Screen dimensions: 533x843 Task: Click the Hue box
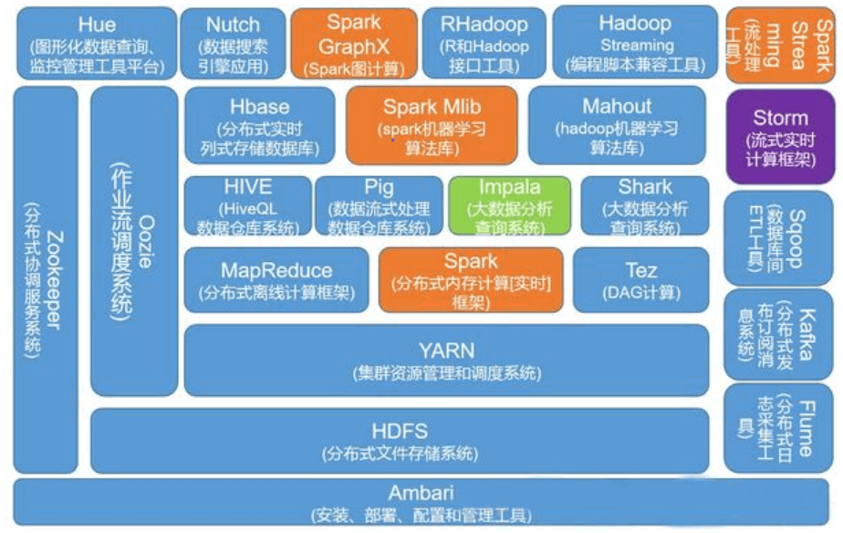point(97,43)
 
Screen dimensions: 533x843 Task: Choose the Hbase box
point(260,125)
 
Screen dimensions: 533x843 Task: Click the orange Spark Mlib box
point(432,125)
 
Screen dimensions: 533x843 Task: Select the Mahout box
point(617,125)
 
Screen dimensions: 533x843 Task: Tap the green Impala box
point(509,206)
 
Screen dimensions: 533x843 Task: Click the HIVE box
point(247,206)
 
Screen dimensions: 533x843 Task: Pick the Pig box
point(379,206)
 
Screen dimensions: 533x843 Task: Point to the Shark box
point(644,206)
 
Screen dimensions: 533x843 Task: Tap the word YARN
point(446,350)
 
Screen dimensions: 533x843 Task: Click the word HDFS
point(400,431)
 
